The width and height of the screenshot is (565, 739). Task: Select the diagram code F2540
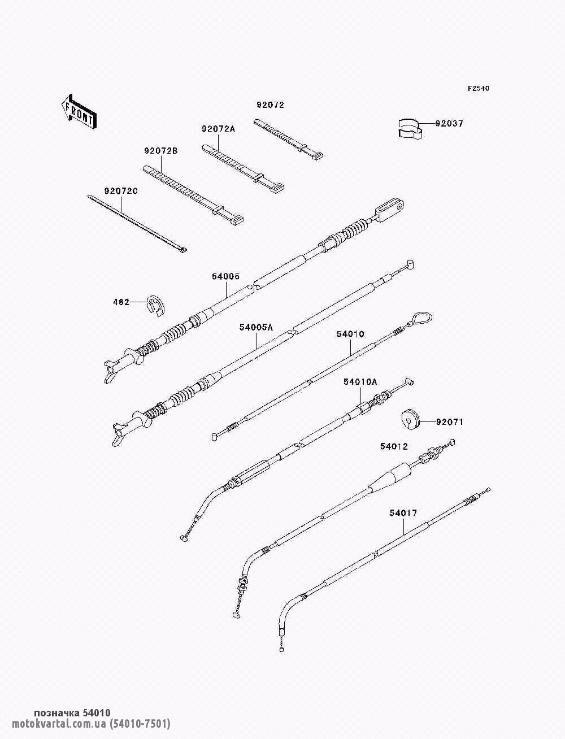click(478, 89)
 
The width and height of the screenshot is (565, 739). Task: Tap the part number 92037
click(449, 124)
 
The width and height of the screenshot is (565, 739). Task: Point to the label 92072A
click(219, 129)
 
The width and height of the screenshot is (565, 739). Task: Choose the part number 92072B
click(161, 151)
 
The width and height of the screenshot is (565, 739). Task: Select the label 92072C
click(121, 191)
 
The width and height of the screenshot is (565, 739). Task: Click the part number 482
click(121, 302)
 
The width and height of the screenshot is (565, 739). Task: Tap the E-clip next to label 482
click(157, 306)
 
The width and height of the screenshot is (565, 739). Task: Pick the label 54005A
click(257, 327)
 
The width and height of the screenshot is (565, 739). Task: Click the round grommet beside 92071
click(411, 419)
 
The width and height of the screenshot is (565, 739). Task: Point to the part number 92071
click(450, 422)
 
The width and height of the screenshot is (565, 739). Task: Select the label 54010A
click(360, 382)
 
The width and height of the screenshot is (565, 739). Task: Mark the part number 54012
click(394, 446)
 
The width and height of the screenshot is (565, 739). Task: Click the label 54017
click(403, 513)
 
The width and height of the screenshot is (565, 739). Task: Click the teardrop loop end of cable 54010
click(421, 318)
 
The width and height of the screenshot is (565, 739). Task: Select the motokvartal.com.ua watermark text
click(92, 723)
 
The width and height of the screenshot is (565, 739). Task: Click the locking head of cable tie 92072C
click(183, 250)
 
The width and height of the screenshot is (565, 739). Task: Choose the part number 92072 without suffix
click(271, 105)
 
